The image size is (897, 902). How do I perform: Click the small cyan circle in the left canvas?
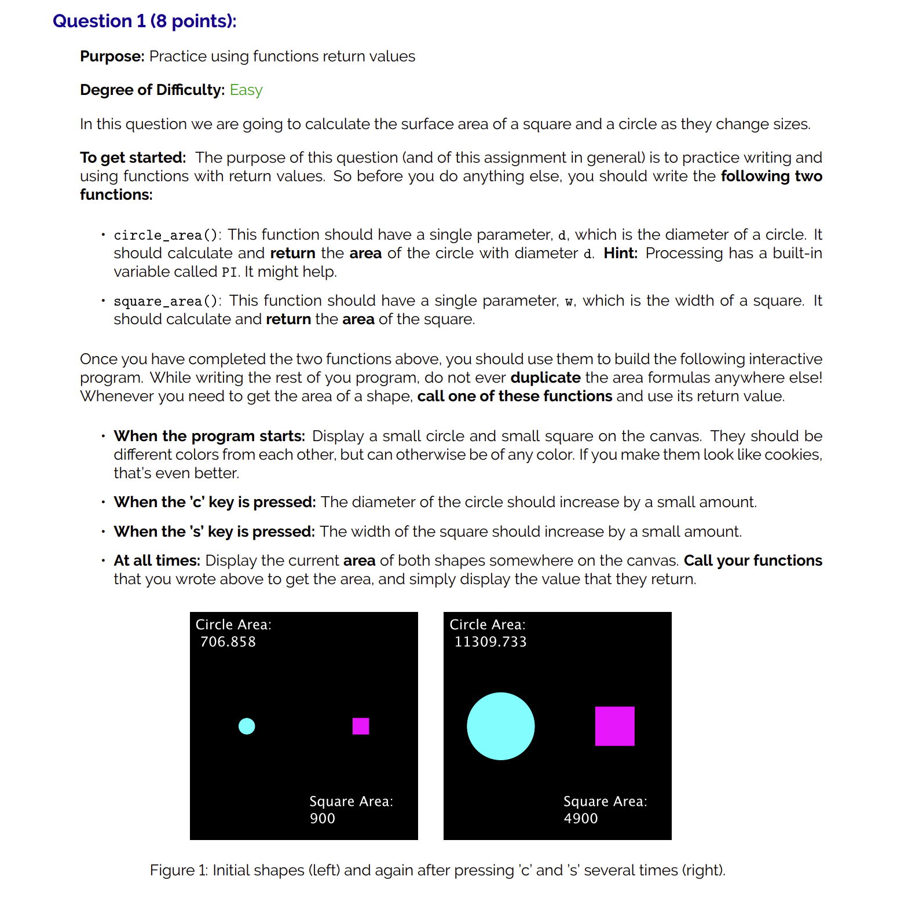click(x=247, y=726)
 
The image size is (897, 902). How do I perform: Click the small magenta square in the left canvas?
click(x=361, y=726)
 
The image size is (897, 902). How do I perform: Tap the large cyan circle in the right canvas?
click(x=500, y=726)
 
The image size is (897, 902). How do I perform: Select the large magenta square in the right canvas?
click(x=614, y=726)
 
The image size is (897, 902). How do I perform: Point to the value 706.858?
click(x=228, y=642)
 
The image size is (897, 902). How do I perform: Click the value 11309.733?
click(x=490, y=642)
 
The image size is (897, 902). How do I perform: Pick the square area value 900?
click(x=323, y=819)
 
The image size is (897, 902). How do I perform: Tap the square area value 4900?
click(x=581, y=819)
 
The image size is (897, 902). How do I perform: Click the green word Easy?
click(x=246, y=90)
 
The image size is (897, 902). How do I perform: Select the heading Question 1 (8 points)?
click(x=145, y=21)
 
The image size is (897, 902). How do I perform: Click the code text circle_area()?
click(x=167, y=235)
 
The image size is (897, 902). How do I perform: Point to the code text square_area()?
click(x=167, y=301)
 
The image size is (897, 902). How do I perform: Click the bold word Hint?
click(x=620, y=254)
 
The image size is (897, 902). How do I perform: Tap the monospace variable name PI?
click(x=229, y=272)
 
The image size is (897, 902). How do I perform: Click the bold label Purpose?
click(x=112, y=57)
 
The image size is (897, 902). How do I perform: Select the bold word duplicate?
click(x=545, y=378)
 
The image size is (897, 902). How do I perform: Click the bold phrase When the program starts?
click(x=210, y=436)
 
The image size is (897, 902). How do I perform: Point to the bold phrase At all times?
click(x=157, y=560)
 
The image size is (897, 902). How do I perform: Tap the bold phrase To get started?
click(x=133, y=158)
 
